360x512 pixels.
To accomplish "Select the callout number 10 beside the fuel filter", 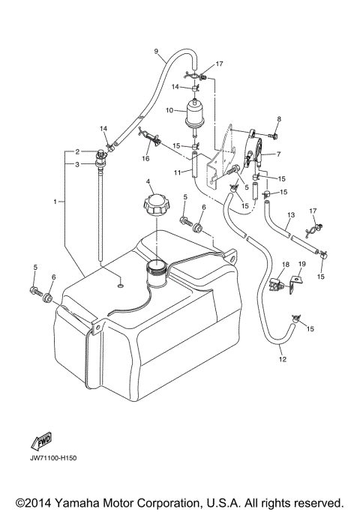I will (x=169, y=111).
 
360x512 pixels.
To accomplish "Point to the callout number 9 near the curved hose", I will (x=156, y=51).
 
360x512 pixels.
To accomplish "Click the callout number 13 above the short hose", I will (x=289, y=215).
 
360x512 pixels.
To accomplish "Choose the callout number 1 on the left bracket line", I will (x=55, y=202).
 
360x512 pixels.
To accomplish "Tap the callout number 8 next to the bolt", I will (x=278, y=119).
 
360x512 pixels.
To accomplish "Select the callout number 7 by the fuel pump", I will (x=279, y=155).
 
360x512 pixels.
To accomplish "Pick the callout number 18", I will (x=285, y=265).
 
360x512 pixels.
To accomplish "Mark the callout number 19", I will (x=302, y=265).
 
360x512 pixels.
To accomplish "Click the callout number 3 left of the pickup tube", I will (x=76, y=163).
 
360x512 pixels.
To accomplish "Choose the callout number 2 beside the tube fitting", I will (x=76, y=151).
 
